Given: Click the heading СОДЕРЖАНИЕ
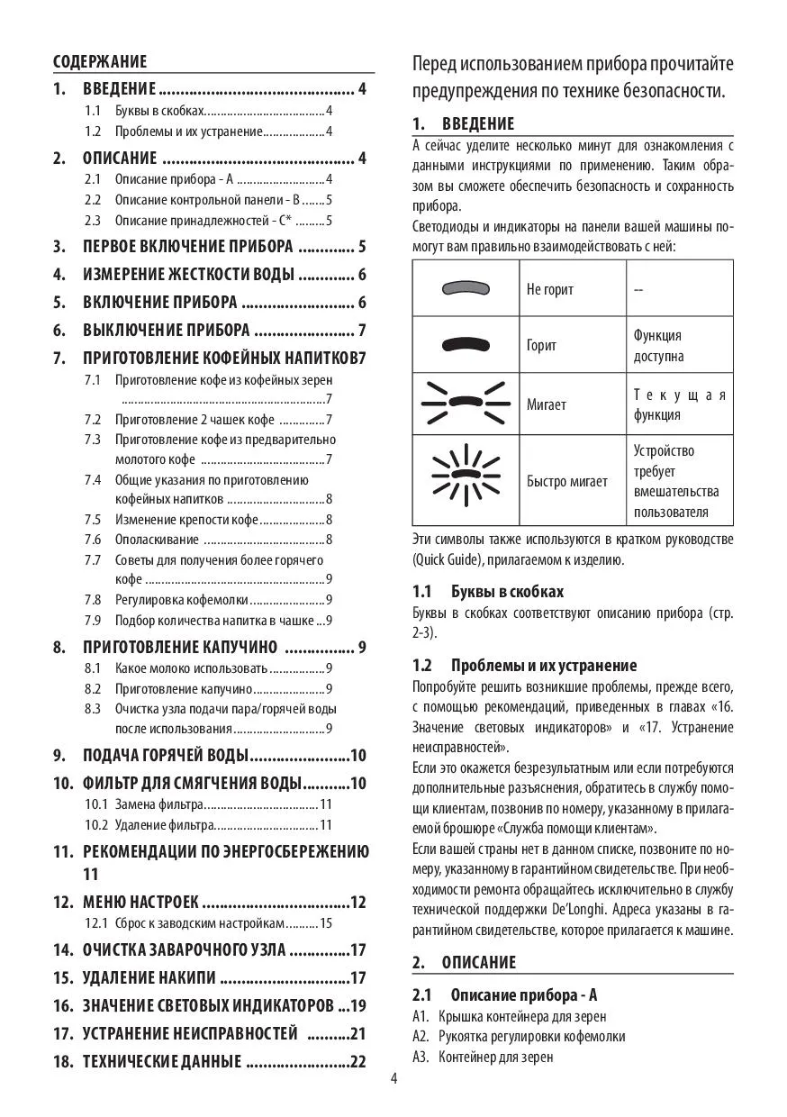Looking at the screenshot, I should pyautogui.click(x=100, y=61).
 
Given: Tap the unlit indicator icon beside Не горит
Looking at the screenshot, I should pyautogui.click(x=465, y=288).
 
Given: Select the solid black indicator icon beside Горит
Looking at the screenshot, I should pyautogui.click(x=465, y=344).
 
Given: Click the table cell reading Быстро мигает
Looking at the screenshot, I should pyautogui.click(x=566, y=481).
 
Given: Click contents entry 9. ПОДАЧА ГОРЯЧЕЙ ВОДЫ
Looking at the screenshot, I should pyautogui.click(x=209, y=755).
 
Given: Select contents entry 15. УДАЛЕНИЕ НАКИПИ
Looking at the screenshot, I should pyautogui.click(x=209, y=977).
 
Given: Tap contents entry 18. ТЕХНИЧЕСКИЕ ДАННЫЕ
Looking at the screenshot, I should pyautogui.click(x=209, y=1061).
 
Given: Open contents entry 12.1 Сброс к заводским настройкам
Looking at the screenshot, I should pyautogui.click(x=209, y=922).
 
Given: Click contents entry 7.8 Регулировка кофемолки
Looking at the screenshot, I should pyautogui.click(x=209, y=599).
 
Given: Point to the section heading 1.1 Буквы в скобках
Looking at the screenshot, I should pyautogui.click(x=488, y=591).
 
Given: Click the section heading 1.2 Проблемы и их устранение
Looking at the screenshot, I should pyautogui.click(x=524, y=665).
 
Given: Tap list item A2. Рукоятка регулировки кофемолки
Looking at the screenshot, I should pyautogui.click(x=519, y=1036).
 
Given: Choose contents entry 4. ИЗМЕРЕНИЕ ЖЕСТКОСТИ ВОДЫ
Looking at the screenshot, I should pyautogui.click(x=209, y=275).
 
